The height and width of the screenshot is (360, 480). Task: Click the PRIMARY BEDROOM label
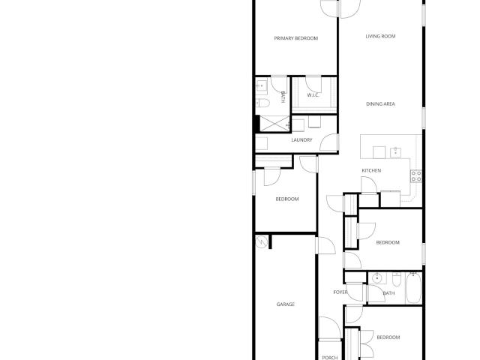coord(296,38)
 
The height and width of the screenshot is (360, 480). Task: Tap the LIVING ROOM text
coord(380,36)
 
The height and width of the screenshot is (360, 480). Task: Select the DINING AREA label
coord(380,104)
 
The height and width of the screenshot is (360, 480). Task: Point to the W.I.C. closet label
coord(313,95)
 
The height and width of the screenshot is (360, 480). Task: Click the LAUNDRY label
coord(301,140)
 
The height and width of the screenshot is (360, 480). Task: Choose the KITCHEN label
coord(371,170)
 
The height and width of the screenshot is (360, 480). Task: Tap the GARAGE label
coord(286,304)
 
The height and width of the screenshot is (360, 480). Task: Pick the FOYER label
coord(340,292)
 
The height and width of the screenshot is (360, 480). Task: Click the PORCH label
coord(330,358)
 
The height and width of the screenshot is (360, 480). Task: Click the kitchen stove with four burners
coord(416,176)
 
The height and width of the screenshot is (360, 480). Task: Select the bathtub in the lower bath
coord(413,288)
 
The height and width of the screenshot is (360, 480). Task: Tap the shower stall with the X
coord(274,124)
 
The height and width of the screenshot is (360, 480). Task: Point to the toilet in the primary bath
coord(263,103)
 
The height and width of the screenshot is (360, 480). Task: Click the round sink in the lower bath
coord(377,278)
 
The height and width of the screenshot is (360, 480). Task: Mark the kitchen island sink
coord(396,152)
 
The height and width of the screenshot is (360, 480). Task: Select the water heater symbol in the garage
coord(262,241)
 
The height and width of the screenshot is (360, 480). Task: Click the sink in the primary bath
coord(262,86)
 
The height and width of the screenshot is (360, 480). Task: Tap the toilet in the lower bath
coord(397,279)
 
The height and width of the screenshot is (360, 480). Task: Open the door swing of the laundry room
coord(328,142)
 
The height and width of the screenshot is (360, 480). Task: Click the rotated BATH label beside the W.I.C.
coord(283,97)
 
